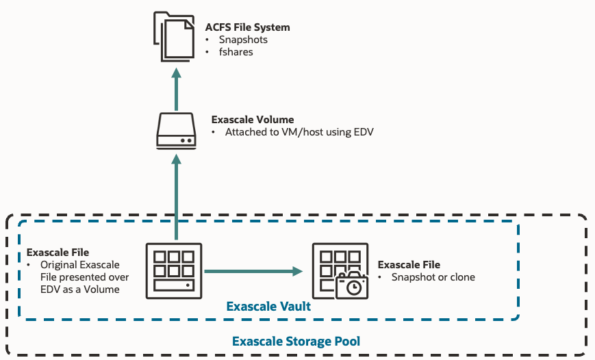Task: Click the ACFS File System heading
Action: click(x=247, y=27)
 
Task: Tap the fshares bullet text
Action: click(x=236, y=52)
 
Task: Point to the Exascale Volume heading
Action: click(x=253, y=119)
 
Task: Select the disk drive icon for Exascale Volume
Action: click(x=176, y=131)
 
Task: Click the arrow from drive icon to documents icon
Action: click(x=176, y=89)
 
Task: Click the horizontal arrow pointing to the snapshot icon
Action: click(x=253, y=271)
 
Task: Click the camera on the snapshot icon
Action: click(x=352, y=286)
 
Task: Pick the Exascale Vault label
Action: click(x=268, y=307)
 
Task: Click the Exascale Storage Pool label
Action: click(x=296, y=341)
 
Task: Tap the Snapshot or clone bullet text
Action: click(x=433, y=277)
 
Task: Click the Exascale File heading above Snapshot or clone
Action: click(x=409, y=265)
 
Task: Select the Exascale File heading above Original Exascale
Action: click(x=58, y=253)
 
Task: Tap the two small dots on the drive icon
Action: click(x=186, y=140)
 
